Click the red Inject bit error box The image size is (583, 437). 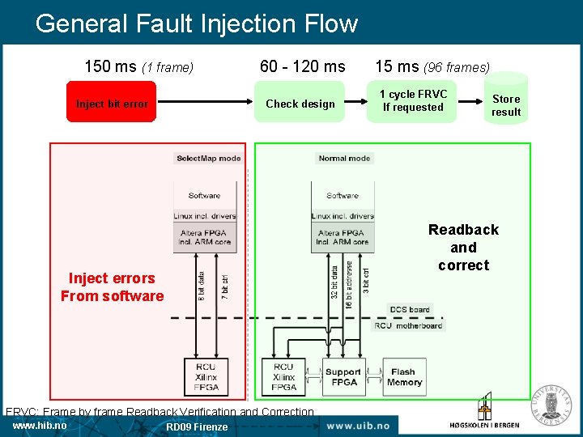112,102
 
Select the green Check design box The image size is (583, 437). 300,102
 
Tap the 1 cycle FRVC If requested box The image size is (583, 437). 413,101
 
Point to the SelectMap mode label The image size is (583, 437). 209,159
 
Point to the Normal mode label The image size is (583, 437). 344,159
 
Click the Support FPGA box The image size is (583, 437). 343,377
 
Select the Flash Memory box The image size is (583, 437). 404,377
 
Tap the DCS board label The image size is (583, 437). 410,310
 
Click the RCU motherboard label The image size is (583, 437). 408,325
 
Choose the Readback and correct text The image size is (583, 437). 463,248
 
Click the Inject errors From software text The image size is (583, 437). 112,287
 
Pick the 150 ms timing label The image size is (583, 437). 139,67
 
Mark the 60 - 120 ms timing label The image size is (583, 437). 302,67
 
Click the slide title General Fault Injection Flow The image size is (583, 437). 197,23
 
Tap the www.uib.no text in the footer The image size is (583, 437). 358,426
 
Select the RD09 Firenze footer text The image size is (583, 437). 197,427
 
